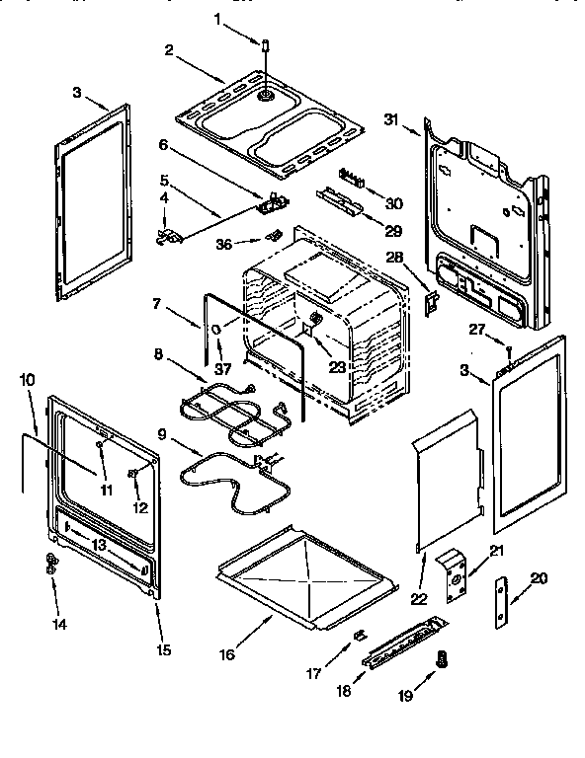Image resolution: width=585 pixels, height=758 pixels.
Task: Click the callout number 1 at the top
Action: (217, 17)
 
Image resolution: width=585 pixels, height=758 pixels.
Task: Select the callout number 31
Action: (390, 119)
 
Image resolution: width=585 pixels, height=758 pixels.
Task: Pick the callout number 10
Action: (25, 379)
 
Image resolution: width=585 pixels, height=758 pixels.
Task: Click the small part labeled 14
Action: (49, 565)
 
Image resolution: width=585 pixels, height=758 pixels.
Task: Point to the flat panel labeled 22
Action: (450, 474)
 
